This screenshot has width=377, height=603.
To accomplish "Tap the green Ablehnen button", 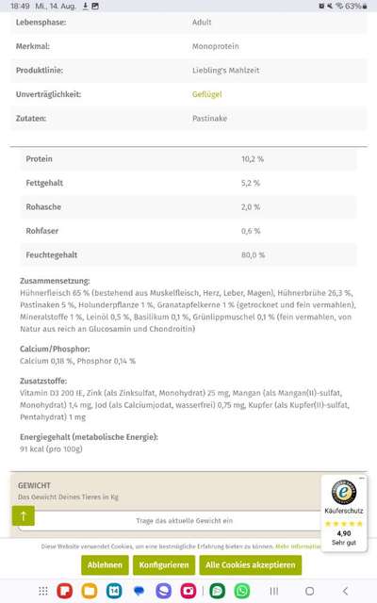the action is tap(105, 564).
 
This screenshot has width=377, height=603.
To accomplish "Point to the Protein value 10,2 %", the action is tap(253, 159).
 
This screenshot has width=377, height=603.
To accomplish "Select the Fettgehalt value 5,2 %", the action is tap(251, 183).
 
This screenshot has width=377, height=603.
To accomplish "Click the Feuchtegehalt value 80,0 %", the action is tap(254, 254).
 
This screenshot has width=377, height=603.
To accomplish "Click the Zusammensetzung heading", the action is tap(55, 280).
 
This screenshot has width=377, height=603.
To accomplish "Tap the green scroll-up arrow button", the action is tap(23, 515).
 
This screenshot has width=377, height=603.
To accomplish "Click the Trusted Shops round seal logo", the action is tap(344, 492).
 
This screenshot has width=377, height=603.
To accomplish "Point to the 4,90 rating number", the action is tap(344, 532).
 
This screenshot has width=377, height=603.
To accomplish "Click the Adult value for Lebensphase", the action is tap(202, 20).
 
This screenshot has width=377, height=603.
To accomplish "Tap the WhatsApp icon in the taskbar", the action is tap(242, 591).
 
